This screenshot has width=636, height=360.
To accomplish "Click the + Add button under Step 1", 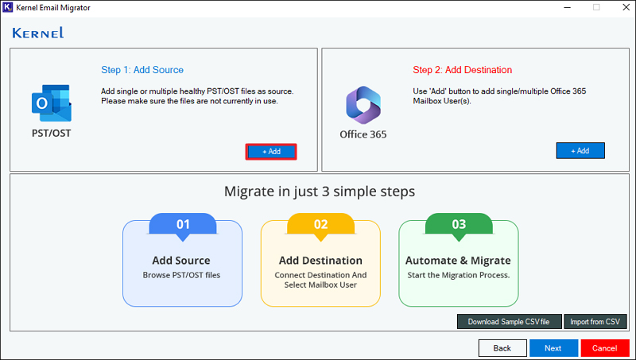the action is (x=271, y=152).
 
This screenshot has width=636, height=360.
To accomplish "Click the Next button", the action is (x=553, y=348).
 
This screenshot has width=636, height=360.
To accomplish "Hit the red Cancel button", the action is (x=605, y=348).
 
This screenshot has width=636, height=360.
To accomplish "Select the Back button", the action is (x=502, y=348).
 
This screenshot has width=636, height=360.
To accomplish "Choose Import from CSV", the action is (x=595, y=322).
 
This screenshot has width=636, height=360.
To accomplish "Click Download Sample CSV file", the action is (x=509, y=322).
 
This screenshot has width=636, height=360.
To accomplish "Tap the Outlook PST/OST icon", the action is (x=52, y=103).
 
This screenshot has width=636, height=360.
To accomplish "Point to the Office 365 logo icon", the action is (x=363, y=105).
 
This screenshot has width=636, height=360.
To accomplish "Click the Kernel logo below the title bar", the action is (x=38, y=33).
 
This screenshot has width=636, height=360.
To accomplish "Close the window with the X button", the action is (x=626, y=7).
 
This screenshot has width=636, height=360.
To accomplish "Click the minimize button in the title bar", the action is (x=567, y=7).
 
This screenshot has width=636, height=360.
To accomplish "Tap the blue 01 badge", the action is (x=183, y=226).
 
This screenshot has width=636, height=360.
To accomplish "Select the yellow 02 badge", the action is (x=321, y=226).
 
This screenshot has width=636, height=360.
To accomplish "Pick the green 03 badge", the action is (x=459, y=226).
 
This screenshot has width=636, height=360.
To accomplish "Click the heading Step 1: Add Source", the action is (x=142, y=70).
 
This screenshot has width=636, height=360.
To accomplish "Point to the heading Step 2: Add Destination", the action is (x=463, y=70).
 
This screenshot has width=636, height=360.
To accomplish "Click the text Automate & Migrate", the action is (x=459, y=261).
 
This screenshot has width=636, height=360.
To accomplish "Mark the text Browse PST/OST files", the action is (x=181, y=275).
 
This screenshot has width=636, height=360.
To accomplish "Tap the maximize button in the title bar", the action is (x=596, y=7).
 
